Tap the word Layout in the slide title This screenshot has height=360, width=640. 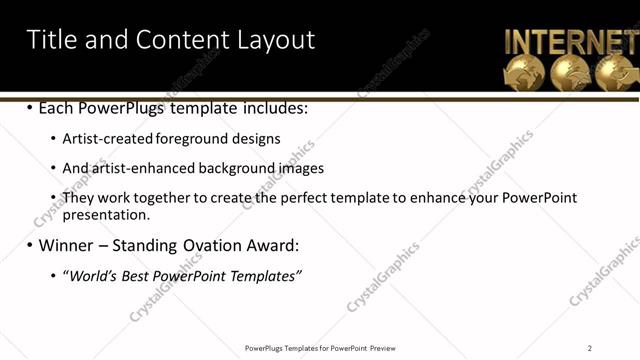click(275, 40)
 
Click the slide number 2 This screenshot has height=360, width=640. click(589, 348)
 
